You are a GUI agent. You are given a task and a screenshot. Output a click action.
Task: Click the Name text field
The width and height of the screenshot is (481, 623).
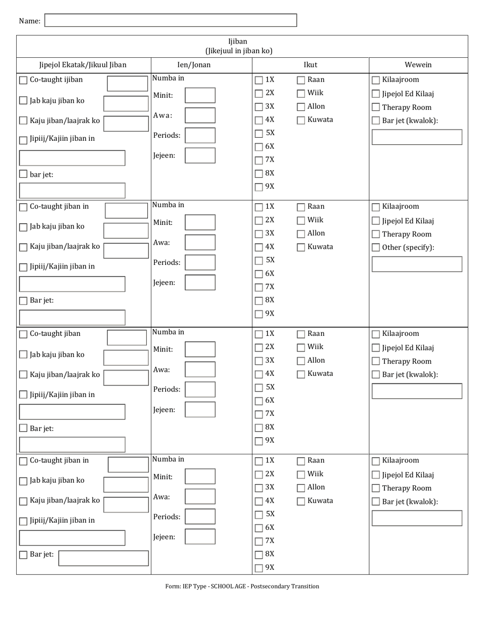(171, 20)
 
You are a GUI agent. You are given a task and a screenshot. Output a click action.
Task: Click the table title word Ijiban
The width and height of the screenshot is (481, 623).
(238, 42)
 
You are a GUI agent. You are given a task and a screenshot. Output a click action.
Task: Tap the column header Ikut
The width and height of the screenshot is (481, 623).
(310, 65)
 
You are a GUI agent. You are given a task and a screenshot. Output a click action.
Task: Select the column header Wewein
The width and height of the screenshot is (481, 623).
(418, 65)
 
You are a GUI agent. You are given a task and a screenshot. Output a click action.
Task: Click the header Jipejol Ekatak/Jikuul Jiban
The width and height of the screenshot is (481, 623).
(83, 65)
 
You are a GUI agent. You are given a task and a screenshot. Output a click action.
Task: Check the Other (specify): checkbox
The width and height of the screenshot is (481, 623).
(376, 248)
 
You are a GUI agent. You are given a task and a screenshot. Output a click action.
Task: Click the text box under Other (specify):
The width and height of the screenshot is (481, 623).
(417, 264)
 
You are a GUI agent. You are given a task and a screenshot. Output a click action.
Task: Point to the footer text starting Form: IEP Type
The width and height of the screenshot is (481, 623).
(242, 587)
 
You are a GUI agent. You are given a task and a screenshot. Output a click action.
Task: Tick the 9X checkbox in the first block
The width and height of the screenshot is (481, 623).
(259, 187)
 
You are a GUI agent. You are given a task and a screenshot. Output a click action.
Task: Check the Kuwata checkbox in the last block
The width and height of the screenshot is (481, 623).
(301, 501)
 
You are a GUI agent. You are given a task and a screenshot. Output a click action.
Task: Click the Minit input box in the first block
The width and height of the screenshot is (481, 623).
(200, 95)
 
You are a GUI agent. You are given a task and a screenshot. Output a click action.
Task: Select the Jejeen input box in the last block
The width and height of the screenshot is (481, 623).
(200, 537)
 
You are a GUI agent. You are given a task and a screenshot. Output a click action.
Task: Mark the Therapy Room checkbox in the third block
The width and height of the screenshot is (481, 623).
(376, 362)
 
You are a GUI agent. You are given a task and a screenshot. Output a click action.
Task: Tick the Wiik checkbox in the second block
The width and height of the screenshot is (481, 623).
(301, 220)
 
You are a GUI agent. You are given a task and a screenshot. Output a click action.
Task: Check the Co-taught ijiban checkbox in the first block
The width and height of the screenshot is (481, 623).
(23, 80)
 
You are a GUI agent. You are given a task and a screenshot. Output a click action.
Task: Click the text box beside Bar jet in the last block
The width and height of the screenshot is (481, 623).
(103, 558)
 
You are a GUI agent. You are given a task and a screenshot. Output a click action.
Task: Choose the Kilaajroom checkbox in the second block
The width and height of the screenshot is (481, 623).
(376, 207)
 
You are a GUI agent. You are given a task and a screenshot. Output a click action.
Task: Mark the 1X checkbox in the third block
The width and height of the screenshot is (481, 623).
(259, 334)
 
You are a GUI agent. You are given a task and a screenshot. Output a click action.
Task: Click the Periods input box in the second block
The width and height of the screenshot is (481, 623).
(200, 262)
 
